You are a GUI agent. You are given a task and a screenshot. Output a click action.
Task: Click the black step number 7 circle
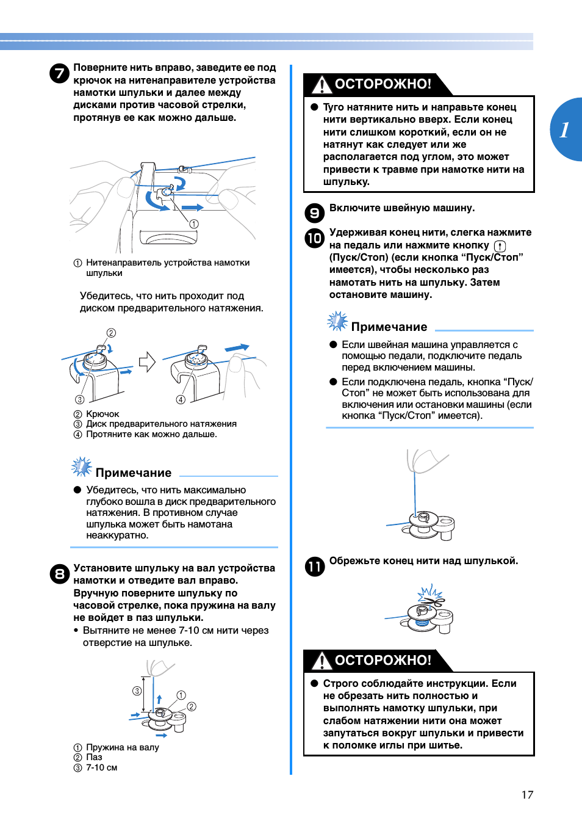coord(59,74)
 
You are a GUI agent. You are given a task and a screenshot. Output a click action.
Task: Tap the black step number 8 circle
coord(59,574)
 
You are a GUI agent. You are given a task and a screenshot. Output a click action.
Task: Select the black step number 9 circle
coord(314,212)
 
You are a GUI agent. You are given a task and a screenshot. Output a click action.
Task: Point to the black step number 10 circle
coord(314,238)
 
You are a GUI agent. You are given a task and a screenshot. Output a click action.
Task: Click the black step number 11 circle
coord(314,567)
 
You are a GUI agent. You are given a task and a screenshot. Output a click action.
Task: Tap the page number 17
coord(527,794)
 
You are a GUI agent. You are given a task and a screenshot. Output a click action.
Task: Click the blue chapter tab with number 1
coord(566,129)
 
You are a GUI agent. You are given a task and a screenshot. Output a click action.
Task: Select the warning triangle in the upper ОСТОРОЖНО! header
coord(321,85)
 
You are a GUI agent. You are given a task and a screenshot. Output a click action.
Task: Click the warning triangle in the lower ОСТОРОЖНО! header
coord(321,661)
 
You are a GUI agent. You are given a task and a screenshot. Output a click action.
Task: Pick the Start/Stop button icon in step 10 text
coord(500,246)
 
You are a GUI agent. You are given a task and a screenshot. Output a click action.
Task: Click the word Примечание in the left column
coord(133,473)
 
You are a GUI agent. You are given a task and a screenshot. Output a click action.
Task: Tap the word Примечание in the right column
coord(389,327)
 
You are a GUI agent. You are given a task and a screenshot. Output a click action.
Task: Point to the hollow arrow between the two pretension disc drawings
coord(147,362)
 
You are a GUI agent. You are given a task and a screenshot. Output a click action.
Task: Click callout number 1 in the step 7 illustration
coord(194,224)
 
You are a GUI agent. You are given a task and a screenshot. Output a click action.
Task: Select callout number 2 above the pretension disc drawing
coord(111,333)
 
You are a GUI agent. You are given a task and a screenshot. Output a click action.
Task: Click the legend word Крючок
coord(102,414)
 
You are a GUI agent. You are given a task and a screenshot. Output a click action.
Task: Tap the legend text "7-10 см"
coord(101,767)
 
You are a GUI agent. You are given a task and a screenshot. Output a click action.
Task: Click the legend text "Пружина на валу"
coord(122,747)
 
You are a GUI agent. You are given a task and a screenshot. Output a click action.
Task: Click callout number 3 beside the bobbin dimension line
coord(137,691)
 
